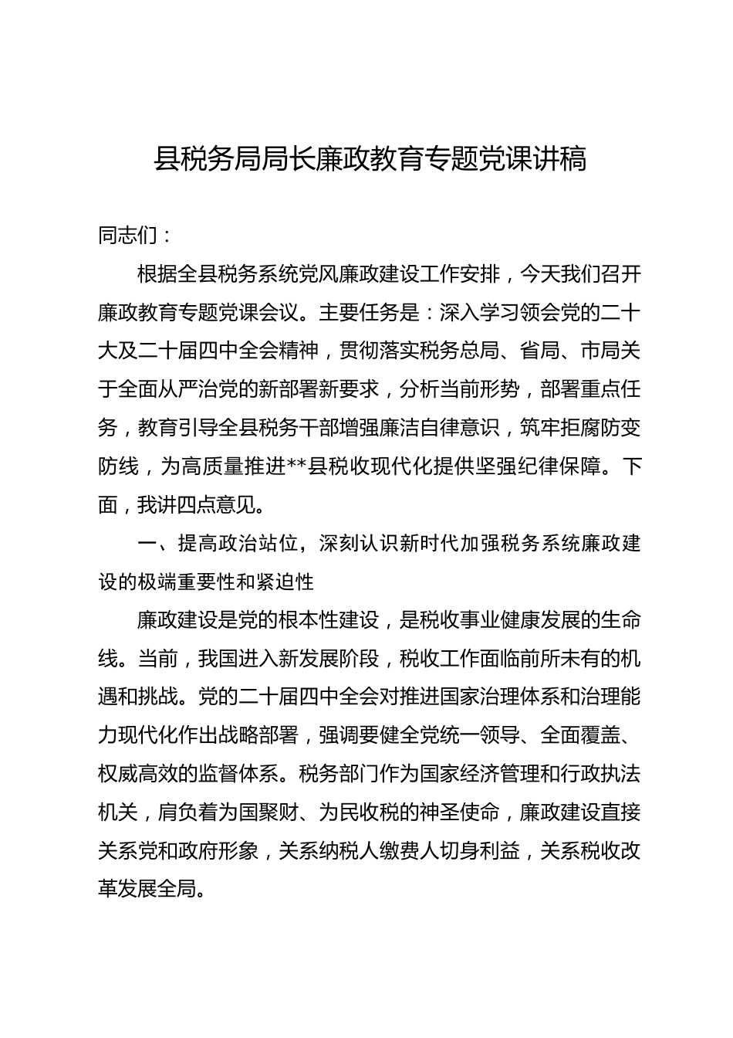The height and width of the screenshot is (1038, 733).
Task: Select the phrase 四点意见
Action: (218, 505)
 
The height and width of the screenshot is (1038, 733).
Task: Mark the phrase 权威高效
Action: (138, 774)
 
